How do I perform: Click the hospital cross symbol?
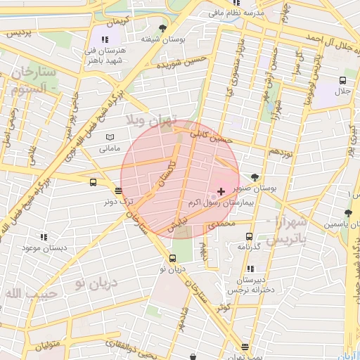pyautogui.click(x=221, y=191)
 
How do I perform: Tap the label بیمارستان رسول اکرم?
pyautogui.click(x=220, y=202)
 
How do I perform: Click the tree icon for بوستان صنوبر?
pyautogui.click(x=254, y=178)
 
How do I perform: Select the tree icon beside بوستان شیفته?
pyautogui.click(x=163, y=29)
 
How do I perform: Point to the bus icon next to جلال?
pyautogui.click(x=342, y=80)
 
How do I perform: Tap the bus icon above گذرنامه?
pyautogui.click(x=249, y=236)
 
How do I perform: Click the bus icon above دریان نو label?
pyautogui.click(x=172, y=258)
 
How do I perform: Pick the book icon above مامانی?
pyautogui.click(x=109, y=137)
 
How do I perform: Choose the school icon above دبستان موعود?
pyautogui.click(x=44, y=238)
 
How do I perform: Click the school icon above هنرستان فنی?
pyautogui.click(x=105, y=40)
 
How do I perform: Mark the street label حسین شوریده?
pyautogui.click(x=175, y=64)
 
